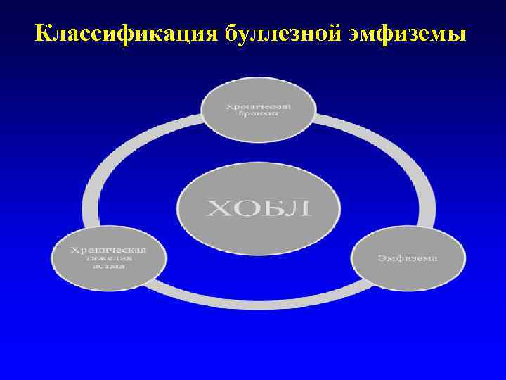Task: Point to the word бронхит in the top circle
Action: click(x=258, y=115)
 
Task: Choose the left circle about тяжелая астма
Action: click(x=108, y=257)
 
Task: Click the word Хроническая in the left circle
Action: click(x=108, y=248)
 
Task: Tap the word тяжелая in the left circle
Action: click(x=108, y=258)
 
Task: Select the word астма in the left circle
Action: click(x=108, y=267)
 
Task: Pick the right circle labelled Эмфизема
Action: click(x=408, y=257)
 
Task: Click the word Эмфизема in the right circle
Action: click(x=408, y=258)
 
